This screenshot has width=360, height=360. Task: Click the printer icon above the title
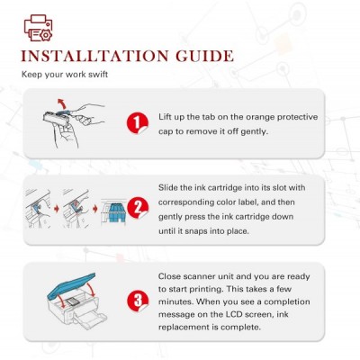point(39,28)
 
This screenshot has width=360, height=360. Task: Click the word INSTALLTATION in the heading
point(94,56)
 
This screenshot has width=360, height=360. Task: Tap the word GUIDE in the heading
point(204,56)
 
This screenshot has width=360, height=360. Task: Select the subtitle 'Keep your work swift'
point(65,74)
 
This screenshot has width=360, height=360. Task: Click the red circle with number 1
point(138,123)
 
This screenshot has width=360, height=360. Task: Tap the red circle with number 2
point(138,208)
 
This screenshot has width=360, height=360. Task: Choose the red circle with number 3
point(138,301)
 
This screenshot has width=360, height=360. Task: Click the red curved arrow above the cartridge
point(62,103)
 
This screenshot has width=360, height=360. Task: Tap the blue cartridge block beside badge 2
point(117,212)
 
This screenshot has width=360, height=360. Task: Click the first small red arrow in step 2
point(57,209)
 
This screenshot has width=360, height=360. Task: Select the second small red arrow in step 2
point(95,209)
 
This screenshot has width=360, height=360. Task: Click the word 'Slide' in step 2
point(168,187)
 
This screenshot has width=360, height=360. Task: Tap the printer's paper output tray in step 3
point(90,320)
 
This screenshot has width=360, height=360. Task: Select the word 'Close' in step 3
point(169,276)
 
